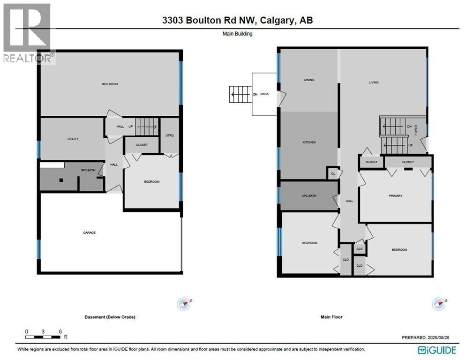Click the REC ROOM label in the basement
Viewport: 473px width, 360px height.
pyautogui.click(x=110, y=84)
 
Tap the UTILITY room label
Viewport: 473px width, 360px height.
pyautogui.click(x=72, y=139)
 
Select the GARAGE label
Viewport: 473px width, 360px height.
pyautogui.click(x=90, y=232)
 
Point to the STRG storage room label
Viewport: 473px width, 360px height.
pyautogui.click(x=170, y=136)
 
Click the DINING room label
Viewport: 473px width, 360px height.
pyautogui.click(x=308, y=80)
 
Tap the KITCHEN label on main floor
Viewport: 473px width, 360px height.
pyautogui.click(x=309, y=142)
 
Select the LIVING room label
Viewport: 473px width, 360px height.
pyautogui.click(x=374, y=82)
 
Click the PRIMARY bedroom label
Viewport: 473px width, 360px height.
pyautogui.click(x=395, y=196)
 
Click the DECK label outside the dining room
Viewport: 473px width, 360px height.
pyautogui.click(x=264, y=94)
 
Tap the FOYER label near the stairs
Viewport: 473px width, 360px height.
pyautogui.click(x=416, y=130)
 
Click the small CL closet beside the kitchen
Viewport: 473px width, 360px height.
pyautogui.click(x=333, y=174)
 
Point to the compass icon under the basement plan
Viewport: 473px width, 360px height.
pyautogui.click(x=183, y=304)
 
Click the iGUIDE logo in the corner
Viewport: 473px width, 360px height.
pyautogui.click(x=437, y=350)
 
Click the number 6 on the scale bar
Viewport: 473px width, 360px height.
pyautogui.click(x=60, y=331)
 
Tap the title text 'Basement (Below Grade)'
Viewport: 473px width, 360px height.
pyautogui.click(x=110, y=317)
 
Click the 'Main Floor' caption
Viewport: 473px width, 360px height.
pyautogui.click(x=331, y=317)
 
